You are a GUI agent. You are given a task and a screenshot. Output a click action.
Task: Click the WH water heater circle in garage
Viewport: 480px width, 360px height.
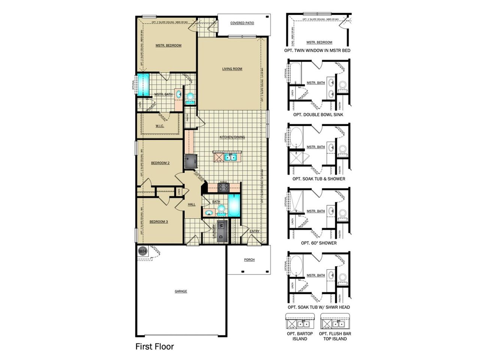click(142, 251)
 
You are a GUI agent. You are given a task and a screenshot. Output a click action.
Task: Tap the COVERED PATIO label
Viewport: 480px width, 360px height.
click(242, 23)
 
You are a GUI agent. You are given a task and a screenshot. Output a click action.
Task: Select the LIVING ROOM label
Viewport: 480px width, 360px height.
click(232, 69)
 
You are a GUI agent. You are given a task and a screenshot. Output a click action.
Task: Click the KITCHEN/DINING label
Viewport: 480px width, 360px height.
click(232, 137)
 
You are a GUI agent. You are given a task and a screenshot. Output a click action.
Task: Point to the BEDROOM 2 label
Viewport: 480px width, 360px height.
click(160, 163)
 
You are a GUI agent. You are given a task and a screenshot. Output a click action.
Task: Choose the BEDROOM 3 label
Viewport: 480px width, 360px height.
click(159, 222)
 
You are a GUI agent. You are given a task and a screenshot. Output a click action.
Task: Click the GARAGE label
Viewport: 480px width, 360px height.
click(181, 291)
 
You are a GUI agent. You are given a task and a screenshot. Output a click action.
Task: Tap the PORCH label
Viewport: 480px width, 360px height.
click(249, 260)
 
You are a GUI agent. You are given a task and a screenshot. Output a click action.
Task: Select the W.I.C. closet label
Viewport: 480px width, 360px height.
click(160, 126)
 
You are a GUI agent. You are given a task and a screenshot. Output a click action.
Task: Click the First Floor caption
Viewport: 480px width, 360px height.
click(154, 346)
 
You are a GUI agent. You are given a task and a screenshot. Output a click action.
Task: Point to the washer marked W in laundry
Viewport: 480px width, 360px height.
click(221, 225)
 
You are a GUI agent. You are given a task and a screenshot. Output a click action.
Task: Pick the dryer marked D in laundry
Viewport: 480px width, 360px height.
click(221, 237)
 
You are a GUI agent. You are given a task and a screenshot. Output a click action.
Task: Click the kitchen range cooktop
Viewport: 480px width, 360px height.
click(223, 187)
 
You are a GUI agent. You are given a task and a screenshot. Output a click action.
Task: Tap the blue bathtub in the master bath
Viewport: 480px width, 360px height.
click(143, 84)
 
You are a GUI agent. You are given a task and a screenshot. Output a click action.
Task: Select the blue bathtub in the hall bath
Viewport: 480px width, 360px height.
click(234, 206)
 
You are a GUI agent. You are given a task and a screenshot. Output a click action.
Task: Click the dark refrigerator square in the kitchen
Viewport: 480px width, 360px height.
click(191, 160)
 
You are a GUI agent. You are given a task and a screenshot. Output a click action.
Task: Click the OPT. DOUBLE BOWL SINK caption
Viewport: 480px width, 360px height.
click(318, 115)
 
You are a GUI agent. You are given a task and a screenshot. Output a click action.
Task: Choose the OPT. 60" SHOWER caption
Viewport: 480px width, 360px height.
click(319, 243)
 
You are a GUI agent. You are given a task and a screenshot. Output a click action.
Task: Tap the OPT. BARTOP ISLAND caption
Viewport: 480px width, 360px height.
click(300, 336)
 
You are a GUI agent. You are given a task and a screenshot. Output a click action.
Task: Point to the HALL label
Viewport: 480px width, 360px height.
click(192, 204)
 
